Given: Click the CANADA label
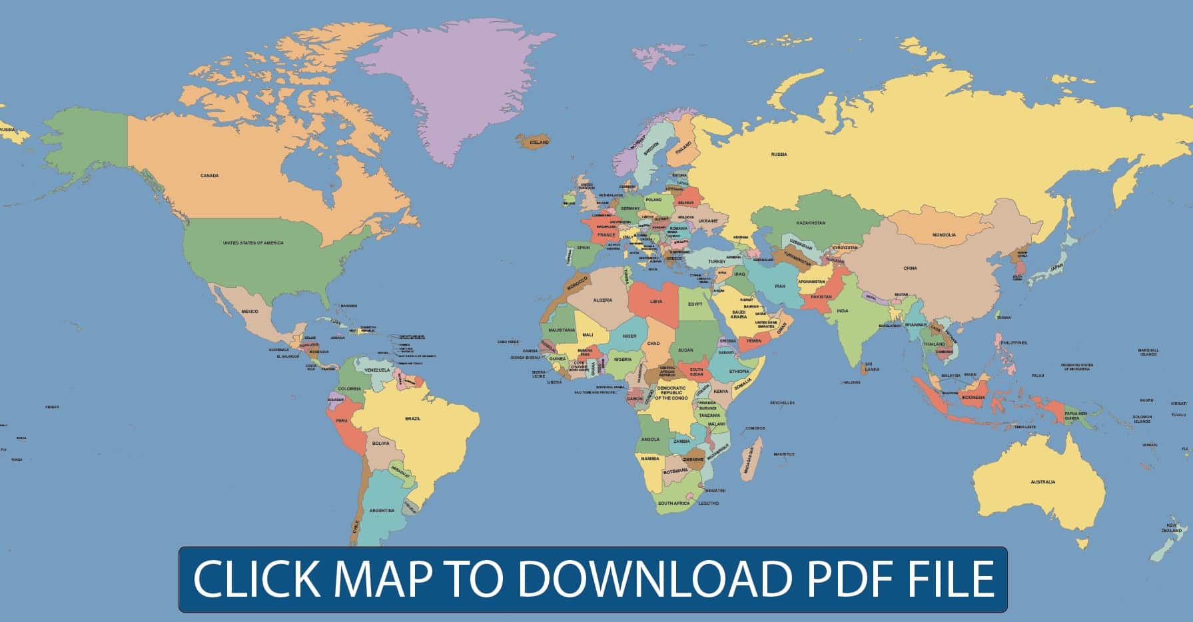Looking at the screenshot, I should click(209, 176).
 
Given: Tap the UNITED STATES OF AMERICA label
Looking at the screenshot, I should click(253, 243).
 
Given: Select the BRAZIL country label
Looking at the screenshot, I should click(413, 418).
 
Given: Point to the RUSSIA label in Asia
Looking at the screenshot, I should click(779, 155).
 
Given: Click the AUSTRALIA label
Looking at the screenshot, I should click(1042, 482).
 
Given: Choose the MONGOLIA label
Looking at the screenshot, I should click(944, 235).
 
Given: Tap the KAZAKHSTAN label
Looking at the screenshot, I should click(811, 222).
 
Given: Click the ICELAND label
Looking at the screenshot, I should click(539, 143).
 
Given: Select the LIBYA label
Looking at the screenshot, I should click(656, 302).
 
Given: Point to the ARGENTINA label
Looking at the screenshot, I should click(382, 511).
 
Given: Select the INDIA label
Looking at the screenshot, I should click(843, 311).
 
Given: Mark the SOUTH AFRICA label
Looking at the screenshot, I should click(673, 503).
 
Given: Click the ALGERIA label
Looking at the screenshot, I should click(602, 301).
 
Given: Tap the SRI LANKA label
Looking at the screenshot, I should click(871, 366).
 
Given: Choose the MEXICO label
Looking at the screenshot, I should click(249, 312).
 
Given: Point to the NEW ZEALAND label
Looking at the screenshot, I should click(1172, 528).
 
